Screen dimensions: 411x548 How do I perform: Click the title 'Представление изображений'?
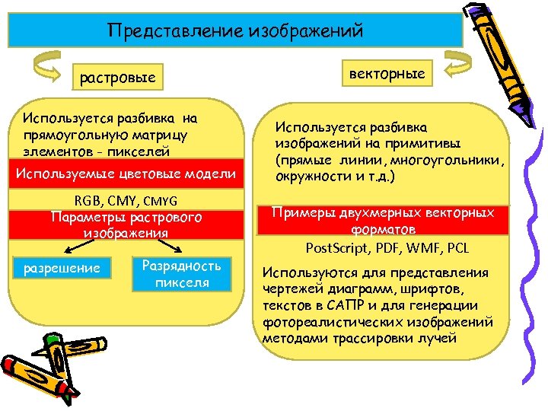(235, 30)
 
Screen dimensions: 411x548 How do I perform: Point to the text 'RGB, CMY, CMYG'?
(126, 201)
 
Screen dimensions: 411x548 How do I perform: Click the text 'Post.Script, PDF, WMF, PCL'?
(387, 248)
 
